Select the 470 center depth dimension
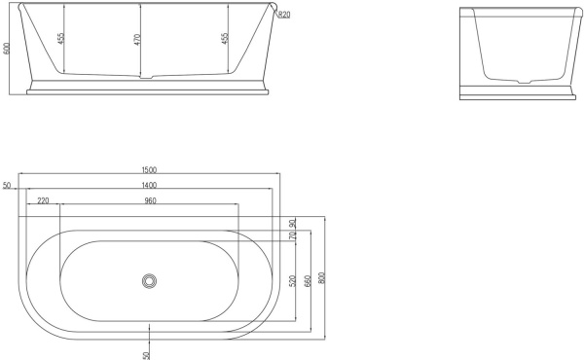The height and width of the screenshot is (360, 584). [137, 41]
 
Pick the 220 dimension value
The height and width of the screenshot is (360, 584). [44, 200]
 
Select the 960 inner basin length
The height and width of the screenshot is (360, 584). [150, 200]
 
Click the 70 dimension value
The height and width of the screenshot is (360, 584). [292, 234]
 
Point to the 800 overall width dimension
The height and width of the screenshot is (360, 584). [322, 277]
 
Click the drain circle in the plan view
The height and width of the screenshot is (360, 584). [149, 280]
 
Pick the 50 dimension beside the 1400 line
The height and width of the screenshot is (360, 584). [7, 185]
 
